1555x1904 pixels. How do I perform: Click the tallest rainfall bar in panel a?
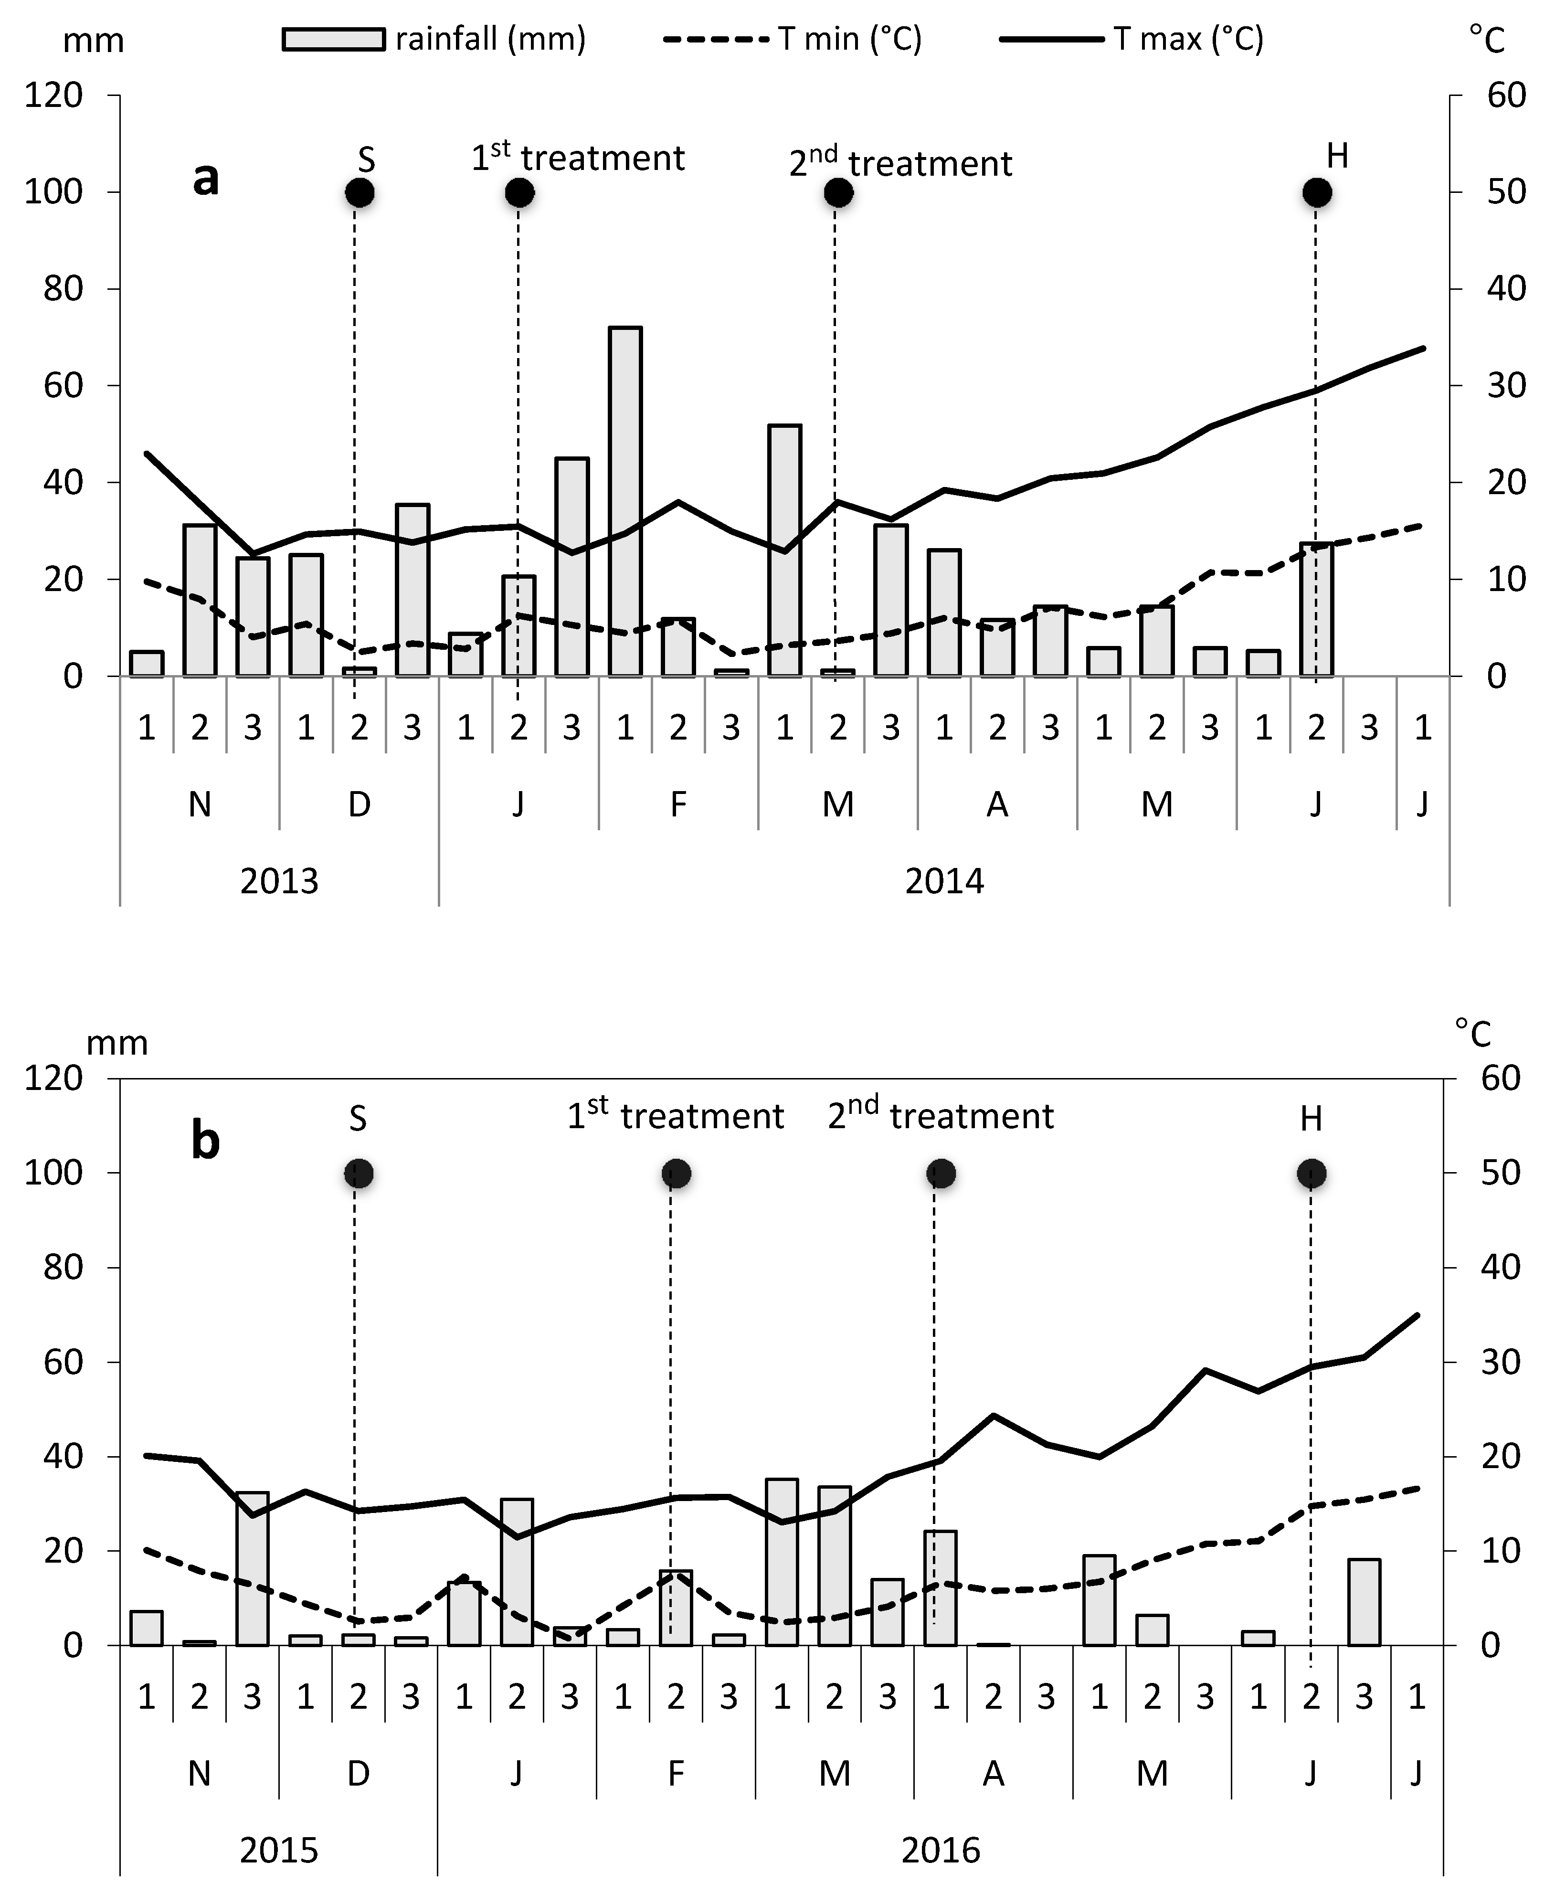pos(625,501)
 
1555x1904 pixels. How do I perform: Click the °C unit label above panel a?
pos(1487,40)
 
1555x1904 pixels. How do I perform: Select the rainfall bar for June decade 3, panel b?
pos(1364,1603)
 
